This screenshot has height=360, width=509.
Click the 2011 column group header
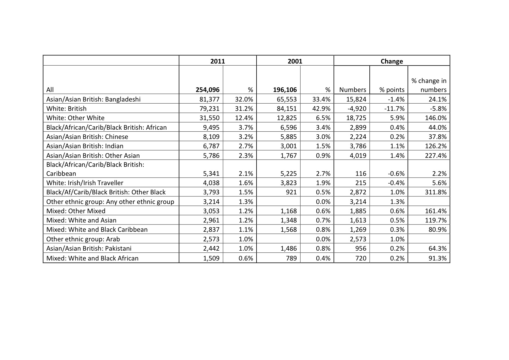(x=218, y=61)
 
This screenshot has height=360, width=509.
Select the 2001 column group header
(x=295, y=61)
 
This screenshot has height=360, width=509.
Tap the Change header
(x=391, y=61)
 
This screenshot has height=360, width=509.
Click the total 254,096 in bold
(x=207, y=90)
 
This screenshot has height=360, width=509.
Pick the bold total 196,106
(x=285, y=90)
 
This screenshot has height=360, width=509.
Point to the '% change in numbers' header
(x=429, y=85)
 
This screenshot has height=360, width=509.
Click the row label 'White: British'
(x=66, y=108)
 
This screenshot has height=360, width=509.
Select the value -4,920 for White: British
(x=357, y=108)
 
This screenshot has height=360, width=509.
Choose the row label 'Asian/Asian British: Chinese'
(x=87, y=137)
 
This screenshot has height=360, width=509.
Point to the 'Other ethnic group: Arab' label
(x=83, y=239)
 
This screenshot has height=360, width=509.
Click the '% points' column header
(x=392, y=90)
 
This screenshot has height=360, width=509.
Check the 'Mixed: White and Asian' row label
(x=81, y=220)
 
